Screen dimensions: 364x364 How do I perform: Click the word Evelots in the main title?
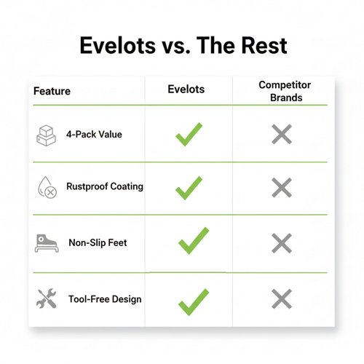[x=118, y=45]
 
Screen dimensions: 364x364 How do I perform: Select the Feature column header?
[x=52, y=91]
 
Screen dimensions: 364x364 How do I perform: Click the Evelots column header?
[x=186, y=89]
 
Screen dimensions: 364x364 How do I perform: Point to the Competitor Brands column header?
[x=285, y=91]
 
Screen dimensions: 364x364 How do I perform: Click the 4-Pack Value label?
[x=94, y=134]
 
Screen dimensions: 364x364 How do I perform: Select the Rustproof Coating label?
[x=105, y=186]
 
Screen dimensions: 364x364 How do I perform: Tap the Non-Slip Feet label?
[x=98, y=242]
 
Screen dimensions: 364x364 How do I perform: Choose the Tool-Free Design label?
[x=105, y=299]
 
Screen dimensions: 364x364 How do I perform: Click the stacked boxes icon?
[x=46, y=135]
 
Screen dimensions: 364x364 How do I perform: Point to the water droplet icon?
[x=47, y=187]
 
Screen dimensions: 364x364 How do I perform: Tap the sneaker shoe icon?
[x=47, y=243]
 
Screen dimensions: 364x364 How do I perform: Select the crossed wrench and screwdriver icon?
[x=47, y=298]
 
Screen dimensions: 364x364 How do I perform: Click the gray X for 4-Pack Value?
[x=282, y=134]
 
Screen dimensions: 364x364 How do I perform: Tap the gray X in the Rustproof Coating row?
[x=282, y=187]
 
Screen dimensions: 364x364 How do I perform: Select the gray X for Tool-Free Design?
[x=282, y=298]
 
